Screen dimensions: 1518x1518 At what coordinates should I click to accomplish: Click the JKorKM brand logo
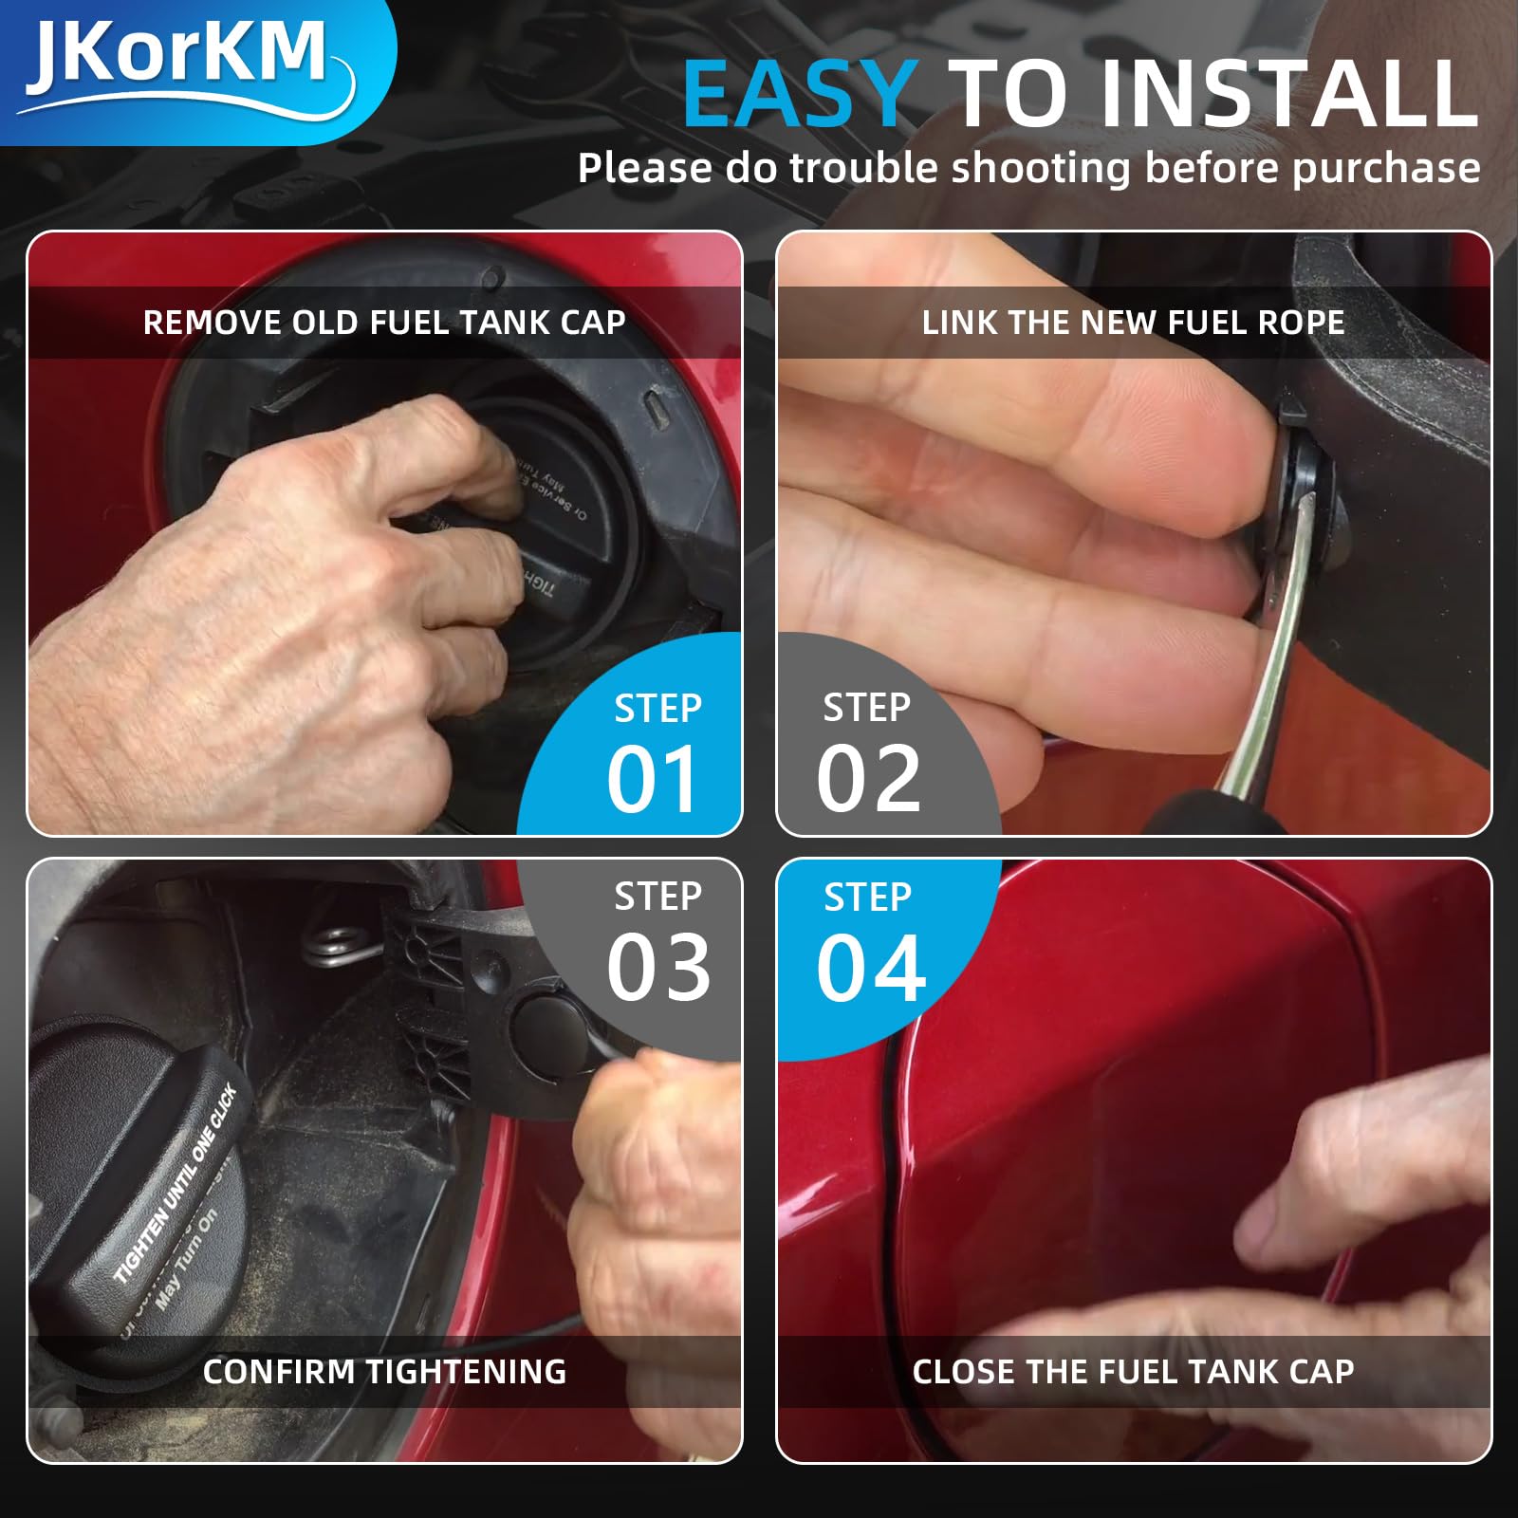(180, 59)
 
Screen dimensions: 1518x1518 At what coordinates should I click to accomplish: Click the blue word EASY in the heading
(799, 95)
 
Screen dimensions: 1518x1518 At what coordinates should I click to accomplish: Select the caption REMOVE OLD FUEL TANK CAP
(384, 323)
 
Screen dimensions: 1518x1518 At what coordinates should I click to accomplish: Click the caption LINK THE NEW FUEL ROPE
(1133, 323)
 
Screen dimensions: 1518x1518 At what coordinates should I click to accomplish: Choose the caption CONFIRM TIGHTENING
(384, 1371)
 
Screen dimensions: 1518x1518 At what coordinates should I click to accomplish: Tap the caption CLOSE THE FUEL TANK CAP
(1133, 1371)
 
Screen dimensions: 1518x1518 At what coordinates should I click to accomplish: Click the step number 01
(653, 779)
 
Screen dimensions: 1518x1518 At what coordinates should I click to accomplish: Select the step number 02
(868, 779)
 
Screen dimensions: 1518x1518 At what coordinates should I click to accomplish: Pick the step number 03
(658, 968)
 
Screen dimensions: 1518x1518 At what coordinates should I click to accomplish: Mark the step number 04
(871, 968)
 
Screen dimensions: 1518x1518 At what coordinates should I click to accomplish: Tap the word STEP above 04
(867, 898)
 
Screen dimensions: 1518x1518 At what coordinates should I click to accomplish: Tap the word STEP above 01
(657, 709)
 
